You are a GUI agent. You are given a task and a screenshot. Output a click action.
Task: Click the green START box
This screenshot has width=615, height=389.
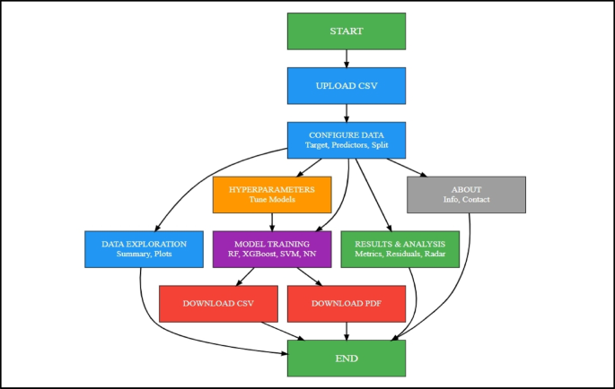click(346, 31)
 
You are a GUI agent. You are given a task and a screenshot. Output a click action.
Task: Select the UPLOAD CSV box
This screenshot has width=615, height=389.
click(346, 86)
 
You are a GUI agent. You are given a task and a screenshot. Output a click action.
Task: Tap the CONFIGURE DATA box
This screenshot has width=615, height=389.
click(346, 140)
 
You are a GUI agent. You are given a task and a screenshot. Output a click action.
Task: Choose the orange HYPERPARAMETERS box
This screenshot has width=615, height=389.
click(272, 194)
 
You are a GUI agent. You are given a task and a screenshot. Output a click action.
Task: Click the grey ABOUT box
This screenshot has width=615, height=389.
click(465, 194)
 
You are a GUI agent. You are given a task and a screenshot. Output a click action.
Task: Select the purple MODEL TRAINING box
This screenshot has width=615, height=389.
click(272, 248)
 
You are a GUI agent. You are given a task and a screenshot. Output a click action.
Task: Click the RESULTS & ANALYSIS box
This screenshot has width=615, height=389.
click(400, 248)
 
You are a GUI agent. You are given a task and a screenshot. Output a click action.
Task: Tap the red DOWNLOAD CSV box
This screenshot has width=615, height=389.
click(218, 303)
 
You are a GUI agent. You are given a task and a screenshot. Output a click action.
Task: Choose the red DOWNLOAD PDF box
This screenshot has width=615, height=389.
click(346, 303)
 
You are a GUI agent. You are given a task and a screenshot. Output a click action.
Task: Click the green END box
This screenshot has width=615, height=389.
click(346, 358)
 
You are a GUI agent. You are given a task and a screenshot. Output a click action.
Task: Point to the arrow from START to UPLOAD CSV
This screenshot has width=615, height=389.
click(346, 58)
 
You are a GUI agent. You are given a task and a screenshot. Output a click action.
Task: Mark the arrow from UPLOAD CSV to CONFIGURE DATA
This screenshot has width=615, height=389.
click(346, 113)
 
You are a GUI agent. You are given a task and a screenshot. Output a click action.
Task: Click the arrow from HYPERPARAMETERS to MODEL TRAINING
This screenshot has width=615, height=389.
click(272, 221)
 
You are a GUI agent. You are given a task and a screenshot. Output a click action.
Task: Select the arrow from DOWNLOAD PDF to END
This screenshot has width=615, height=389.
click(346, 330)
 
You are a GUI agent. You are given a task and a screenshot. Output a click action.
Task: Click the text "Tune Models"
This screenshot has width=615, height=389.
click(272, 201)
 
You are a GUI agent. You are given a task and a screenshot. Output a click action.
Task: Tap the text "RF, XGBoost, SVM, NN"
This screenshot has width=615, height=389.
click(272, 255)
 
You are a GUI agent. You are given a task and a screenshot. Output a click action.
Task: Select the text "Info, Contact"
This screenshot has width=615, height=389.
click(465, 201)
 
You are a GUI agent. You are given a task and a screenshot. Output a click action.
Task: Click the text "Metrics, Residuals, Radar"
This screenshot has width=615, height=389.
click(400, 255)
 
